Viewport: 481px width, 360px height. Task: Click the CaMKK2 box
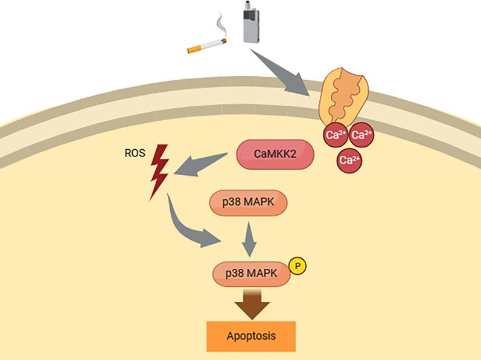pyautogui.click(x=275, y=154)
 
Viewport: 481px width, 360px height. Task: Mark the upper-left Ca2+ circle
pyautogui.click(x=333, y=135)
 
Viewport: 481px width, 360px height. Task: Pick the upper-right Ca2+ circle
pyautogui.click(x=361, y=135)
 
